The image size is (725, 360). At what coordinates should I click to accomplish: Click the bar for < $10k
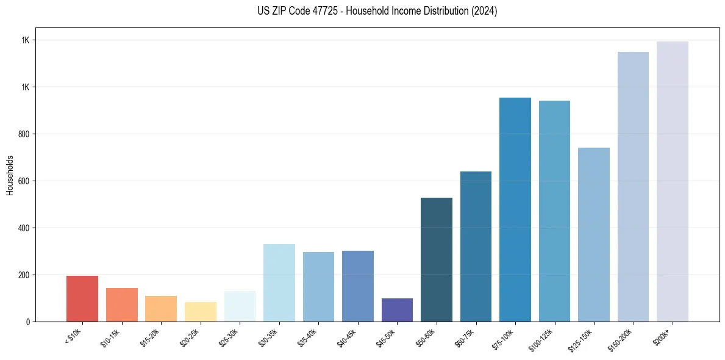pos(82,298)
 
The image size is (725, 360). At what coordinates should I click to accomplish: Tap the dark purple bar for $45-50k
pos(397,310)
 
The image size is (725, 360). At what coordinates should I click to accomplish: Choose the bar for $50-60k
pos(437,259)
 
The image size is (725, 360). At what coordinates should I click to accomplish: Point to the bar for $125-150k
pos(594,234)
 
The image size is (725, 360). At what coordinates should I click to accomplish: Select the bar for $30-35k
pos(279,283)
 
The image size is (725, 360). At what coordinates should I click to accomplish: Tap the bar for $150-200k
pos(633,187)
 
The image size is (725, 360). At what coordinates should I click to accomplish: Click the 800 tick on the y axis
pos(24,134)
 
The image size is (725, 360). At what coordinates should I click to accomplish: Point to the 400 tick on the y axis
pos(24,228)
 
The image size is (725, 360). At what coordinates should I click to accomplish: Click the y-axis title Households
pos(10,175)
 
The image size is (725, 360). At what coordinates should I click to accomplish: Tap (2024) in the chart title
pos(484,11)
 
